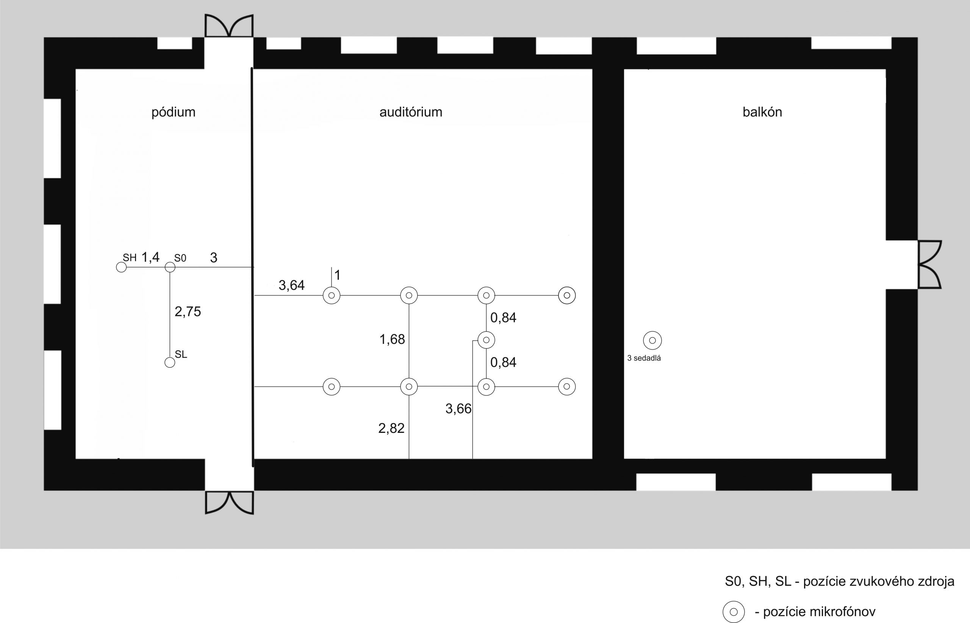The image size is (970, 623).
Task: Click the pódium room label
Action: (x=173, y=112)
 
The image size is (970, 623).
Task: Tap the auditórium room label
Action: (x=411, y=112)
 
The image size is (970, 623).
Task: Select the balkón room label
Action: (x=762, y=112)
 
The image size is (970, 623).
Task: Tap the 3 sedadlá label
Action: (x=644, y=358)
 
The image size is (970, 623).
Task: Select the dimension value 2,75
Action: (x=188, y=311)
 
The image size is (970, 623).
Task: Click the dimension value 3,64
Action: (x=291, y=285)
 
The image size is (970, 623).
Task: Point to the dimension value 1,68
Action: (x=392, y=339)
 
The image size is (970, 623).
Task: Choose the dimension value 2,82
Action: (x=391, y=428)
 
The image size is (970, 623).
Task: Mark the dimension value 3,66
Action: (x=458, y=409)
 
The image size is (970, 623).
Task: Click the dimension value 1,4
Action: (x=150, y=257)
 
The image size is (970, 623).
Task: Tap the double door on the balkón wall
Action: (x=929, y=265)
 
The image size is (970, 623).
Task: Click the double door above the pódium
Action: (x=229, y=25)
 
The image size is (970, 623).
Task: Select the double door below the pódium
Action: (x=230, y=503)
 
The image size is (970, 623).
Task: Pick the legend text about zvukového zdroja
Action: (x=839, y=581)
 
